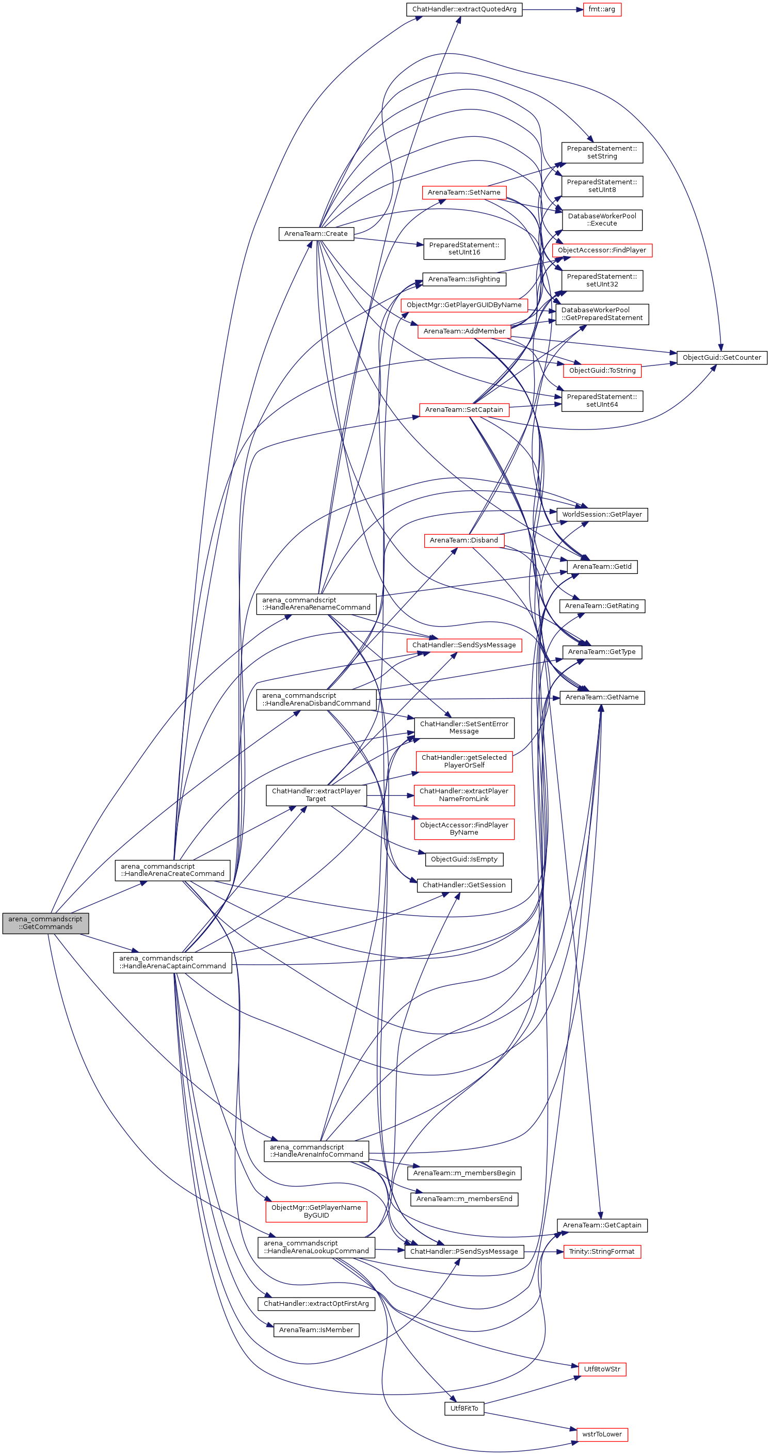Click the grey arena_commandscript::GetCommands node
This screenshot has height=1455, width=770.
tap(45, 923)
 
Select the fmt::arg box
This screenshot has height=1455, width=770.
tap(602, 10)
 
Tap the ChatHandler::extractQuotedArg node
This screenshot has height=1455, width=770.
tap(464, 10)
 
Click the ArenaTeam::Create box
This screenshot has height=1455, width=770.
tap(316, 234)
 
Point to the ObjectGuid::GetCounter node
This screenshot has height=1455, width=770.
tap(721, 358)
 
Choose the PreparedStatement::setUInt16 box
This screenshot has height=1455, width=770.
tap(464, 249)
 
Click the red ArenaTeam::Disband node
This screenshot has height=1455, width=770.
tap(464, 540)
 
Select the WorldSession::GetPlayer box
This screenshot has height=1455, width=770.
tap(602, 515)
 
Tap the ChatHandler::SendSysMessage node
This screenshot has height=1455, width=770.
tap(464, 645)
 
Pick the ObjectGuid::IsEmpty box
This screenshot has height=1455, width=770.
tap(464, 859)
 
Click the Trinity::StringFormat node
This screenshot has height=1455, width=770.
tap(602, 1252)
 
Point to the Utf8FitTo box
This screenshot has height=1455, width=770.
tap(464, 1409)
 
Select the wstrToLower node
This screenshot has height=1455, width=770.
tap(602, 1434)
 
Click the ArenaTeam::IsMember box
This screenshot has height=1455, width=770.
tap(316, 1330)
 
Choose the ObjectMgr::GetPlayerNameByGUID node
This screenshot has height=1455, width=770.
tap(316, 1211)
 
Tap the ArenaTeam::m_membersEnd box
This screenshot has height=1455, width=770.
tap(464, 1198)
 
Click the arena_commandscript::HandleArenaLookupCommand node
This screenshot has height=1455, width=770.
tap(316, 1247)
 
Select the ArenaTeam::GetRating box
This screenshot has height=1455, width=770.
tap(602, 606)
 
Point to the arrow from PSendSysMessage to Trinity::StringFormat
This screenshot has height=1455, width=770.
tap(543, 1252)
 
